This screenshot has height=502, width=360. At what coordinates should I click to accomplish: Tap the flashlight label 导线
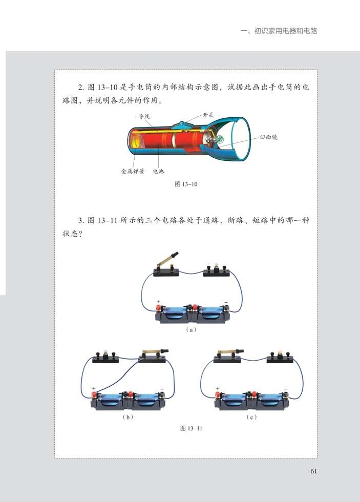[144, 116]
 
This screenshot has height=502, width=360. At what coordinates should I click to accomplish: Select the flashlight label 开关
[209, 116]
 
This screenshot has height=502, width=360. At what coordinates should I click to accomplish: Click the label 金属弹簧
[133, 172]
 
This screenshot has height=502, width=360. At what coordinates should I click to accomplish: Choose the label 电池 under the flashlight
[159, 172]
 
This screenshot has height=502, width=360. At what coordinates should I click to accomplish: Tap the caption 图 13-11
[192, 429]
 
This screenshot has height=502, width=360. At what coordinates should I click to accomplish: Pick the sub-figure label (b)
[128, 417]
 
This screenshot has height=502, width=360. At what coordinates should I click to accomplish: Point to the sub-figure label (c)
[251, 417]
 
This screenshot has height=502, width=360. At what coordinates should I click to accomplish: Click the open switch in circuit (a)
[166, 266]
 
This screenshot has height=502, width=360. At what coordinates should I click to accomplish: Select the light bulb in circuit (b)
[105, 355]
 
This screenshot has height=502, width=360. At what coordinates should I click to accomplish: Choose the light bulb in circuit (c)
[280, 354]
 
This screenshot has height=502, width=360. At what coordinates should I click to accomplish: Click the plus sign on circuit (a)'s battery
[159, 301]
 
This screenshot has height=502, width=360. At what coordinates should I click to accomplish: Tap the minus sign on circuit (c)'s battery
[285, 389]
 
